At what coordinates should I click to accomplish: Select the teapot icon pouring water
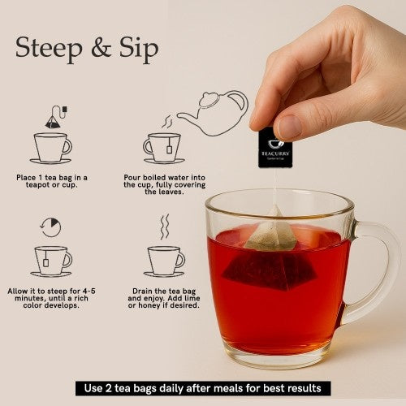[x=212, y=112]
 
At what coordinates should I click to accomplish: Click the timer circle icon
[x=50, y=227]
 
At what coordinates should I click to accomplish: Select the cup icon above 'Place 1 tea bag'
[x=51, y=148]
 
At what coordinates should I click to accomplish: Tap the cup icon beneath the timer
[x=51, y=261]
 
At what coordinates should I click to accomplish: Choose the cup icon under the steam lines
[x=165, y=261]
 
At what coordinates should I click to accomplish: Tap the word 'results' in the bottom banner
[x=308, y=388]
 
